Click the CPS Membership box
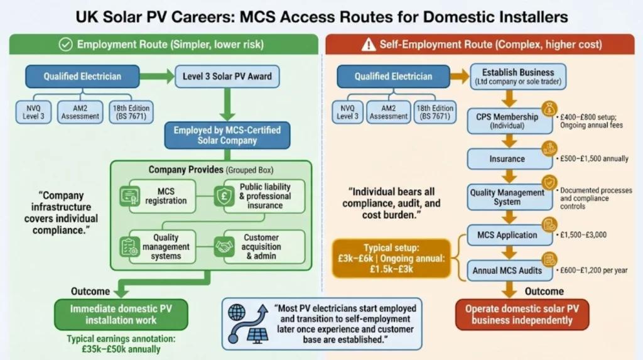tap(507, 121)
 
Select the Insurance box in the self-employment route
tap(507, 159)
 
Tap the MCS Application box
tap(507, 235)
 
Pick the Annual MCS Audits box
tap(507, 271)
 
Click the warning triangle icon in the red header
tap(368, 45)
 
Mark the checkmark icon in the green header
tap(65, 45)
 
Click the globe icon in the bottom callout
tap(237, 313)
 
